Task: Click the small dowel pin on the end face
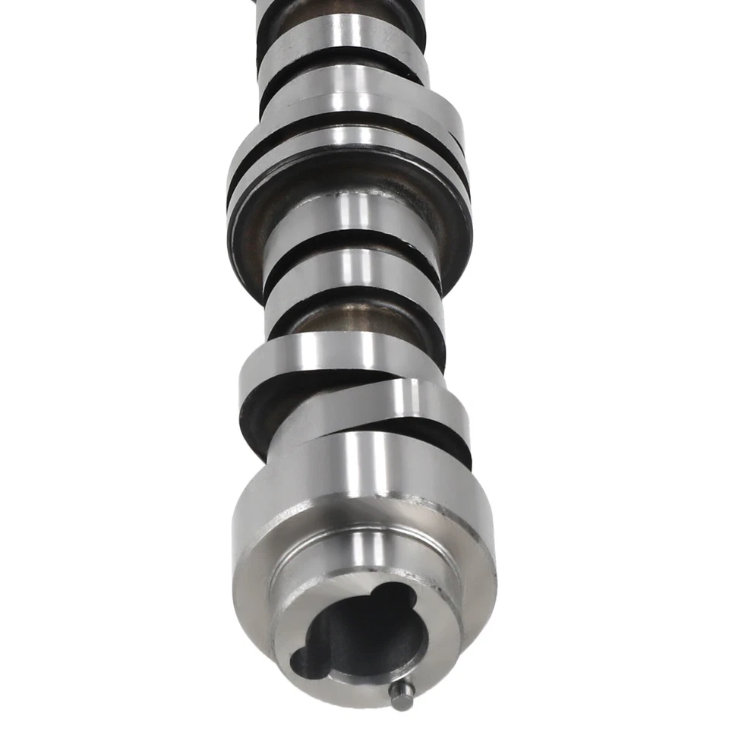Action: pyautogui.click(x=401, y=696)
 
